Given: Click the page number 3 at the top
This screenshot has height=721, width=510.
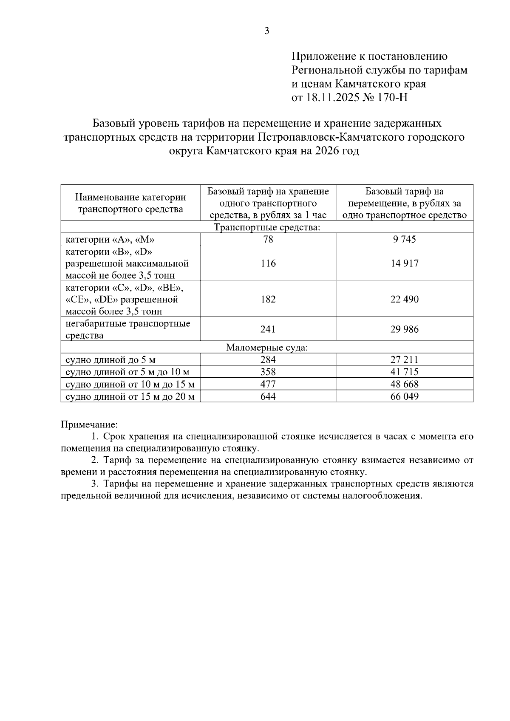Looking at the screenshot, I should click(267, 31).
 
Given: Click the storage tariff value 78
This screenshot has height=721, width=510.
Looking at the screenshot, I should click(268, 239).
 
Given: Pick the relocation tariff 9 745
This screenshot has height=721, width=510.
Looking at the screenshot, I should click(404, 239).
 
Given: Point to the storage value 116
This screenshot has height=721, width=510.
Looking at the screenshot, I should click(268, 263).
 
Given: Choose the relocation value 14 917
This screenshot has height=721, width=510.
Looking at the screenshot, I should click(404, 263).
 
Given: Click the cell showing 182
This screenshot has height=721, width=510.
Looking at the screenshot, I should click(268, 299).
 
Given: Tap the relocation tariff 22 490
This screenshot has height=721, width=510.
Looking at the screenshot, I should click(404, 299).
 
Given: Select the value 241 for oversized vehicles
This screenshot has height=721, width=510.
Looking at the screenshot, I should click(268, 329).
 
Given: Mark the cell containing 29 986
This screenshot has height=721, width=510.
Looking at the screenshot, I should click(404, 329).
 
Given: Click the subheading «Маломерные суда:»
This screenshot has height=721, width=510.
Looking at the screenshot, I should click(267, 348).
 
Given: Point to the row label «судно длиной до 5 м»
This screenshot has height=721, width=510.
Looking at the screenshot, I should click(110, 360).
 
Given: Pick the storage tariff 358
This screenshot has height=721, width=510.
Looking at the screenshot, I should click(268, 372).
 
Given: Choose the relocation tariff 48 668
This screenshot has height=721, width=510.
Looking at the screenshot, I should click(404, 385).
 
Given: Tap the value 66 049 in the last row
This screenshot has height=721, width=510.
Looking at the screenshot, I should click(404, 397).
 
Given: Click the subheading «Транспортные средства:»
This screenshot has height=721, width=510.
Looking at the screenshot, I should click(267, 227).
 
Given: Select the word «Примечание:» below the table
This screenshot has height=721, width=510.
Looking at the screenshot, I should click(89, 424).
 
